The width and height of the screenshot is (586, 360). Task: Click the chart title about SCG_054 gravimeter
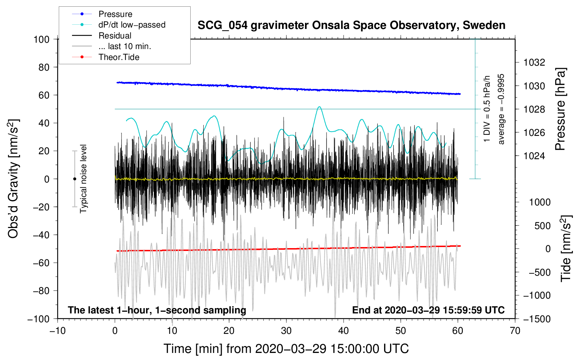(351, 25)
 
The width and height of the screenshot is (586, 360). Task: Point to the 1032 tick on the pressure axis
(534, 62)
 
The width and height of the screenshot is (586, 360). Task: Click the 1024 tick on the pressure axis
(534, 156)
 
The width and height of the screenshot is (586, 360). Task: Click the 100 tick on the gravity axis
(41, 40)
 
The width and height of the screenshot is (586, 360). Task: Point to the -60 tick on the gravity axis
(41, 263)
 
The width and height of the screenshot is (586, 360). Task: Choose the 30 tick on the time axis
(286, 331)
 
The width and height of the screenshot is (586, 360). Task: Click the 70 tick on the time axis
(515, 331)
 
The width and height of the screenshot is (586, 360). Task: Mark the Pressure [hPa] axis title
(560, 109)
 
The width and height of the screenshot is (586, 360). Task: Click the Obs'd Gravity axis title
(13, 179)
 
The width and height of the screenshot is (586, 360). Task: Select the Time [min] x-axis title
(286, 349)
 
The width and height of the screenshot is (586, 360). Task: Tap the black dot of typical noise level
(74, 179)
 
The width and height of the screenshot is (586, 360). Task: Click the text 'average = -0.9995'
(501, 109)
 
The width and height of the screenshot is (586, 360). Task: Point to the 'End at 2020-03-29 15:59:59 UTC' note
(428, 310)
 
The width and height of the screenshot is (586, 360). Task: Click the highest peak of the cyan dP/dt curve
(319, 107)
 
